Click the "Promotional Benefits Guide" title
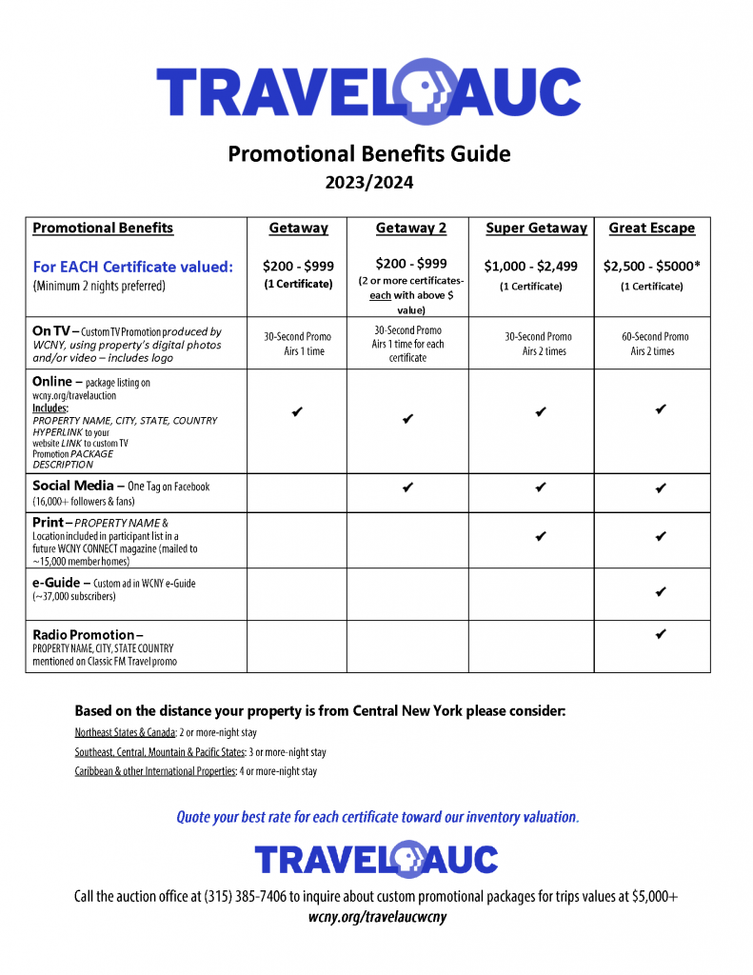368,153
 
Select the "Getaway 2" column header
410,229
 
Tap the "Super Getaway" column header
536,229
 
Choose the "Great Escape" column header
651,229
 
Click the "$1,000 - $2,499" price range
530,267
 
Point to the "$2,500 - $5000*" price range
651,267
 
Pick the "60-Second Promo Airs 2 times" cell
652,344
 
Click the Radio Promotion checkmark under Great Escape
660,634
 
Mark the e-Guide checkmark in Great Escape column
660,592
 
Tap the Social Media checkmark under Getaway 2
407,487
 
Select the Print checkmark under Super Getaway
540,536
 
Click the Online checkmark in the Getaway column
297,411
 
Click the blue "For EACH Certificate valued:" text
132,268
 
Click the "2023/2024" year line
368,184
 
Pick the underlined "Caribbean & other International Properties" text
155,771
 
